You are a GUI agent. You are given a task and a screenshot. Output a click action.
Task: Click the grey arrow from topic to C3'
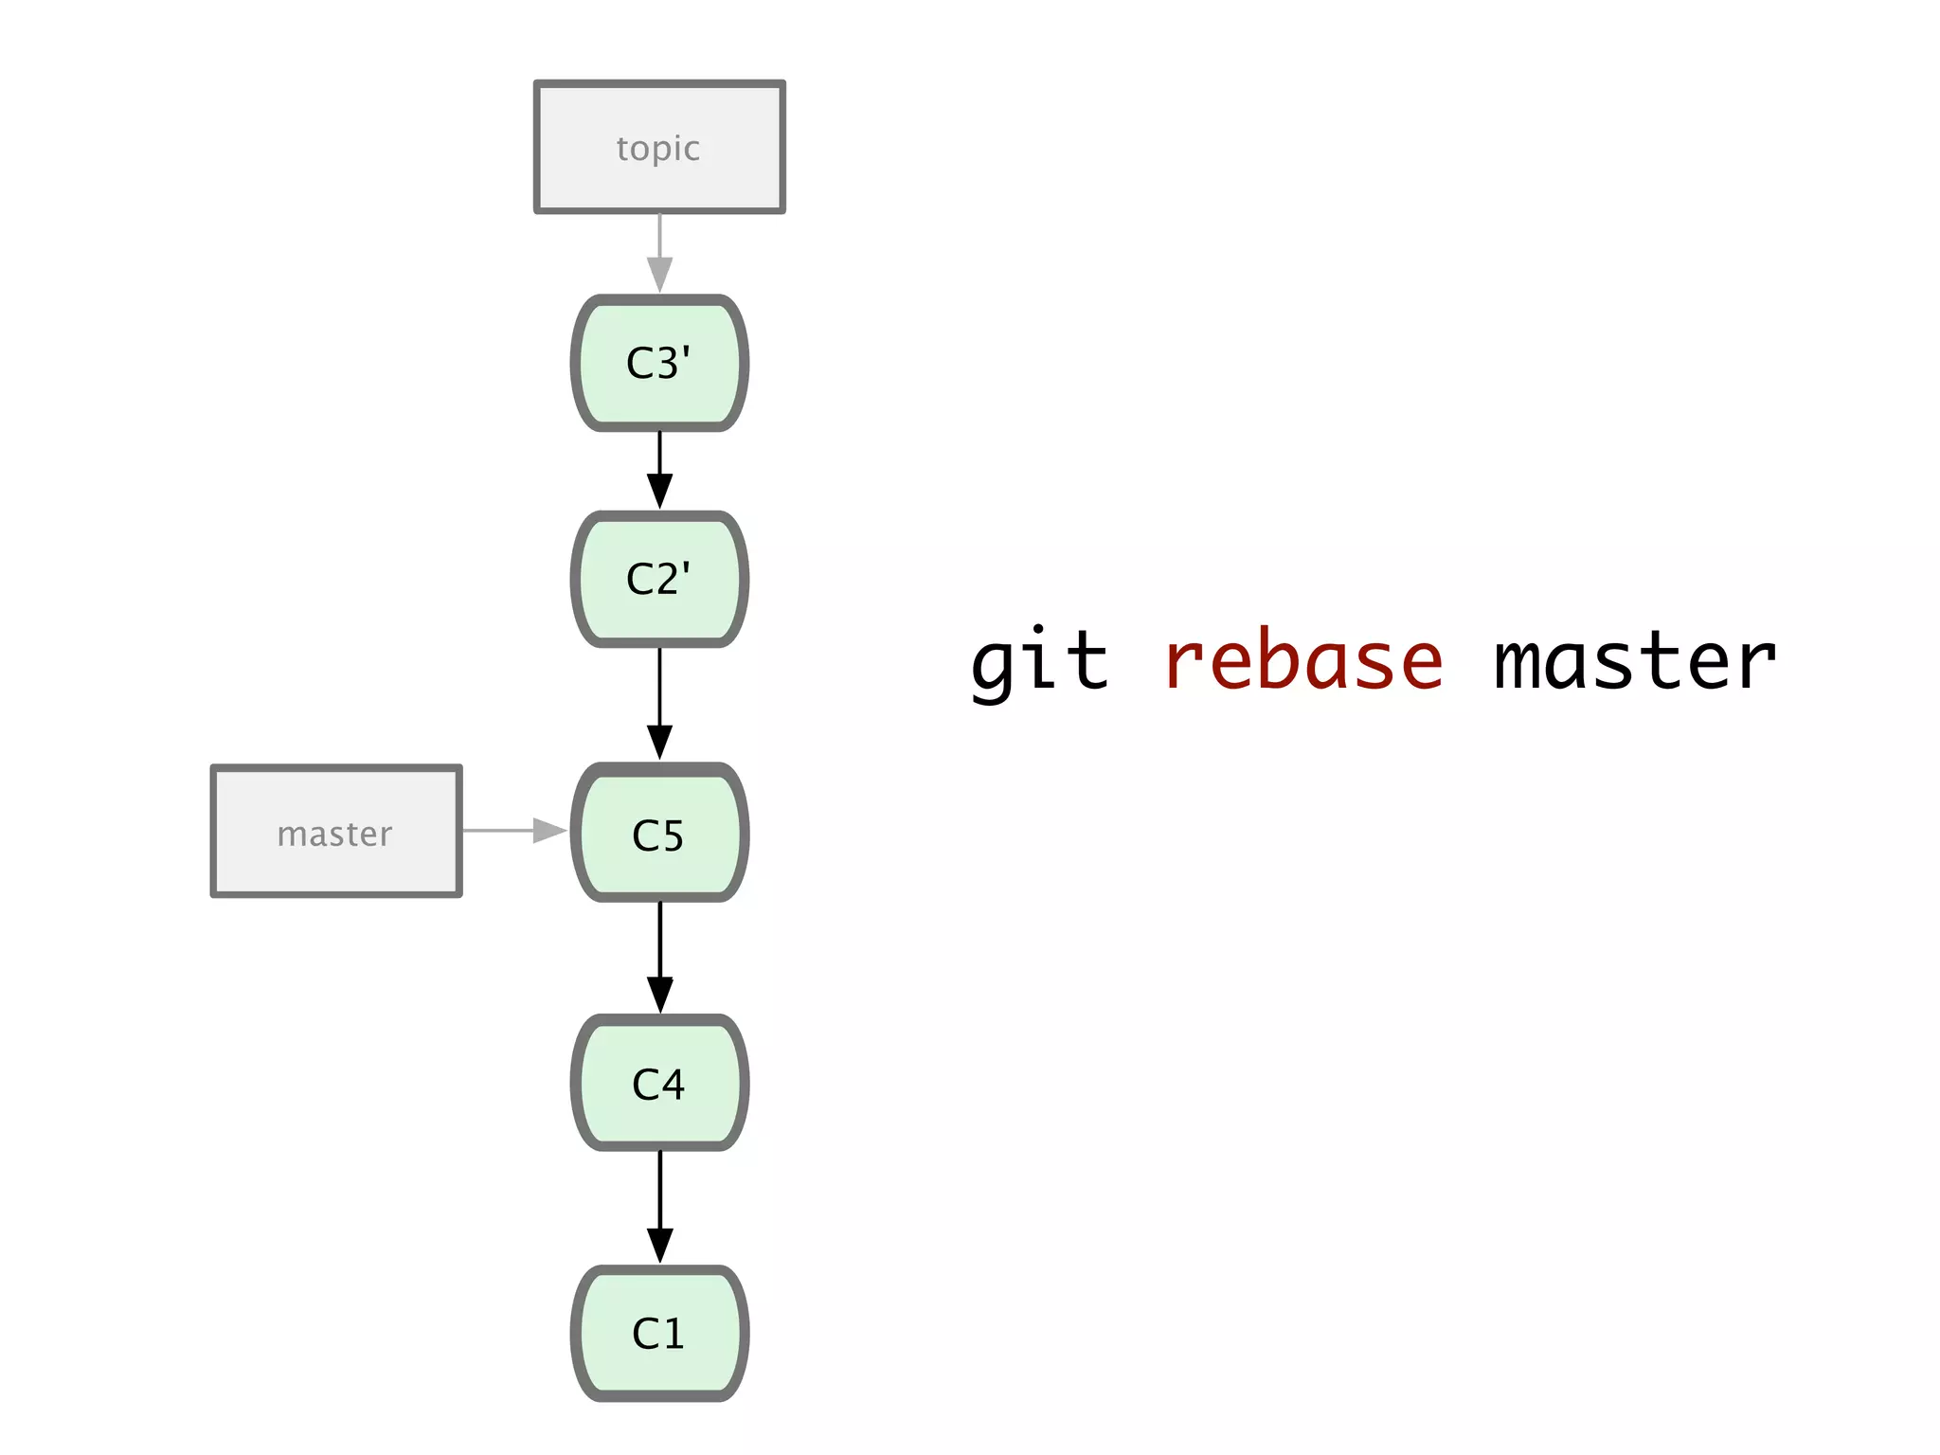coord(659,252)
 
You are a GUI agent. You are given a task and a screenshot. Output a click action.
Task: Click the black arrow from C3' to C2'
coord(659,470)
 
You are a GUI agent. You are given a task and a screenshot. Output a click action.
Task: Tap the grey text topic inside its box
coord(658,149)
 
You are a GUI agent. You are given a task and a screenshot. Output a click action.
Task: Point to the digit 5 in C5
coord(672,835)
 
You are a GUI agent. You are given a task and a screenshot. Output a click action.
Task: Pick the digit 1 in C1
coord(672,1334)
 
